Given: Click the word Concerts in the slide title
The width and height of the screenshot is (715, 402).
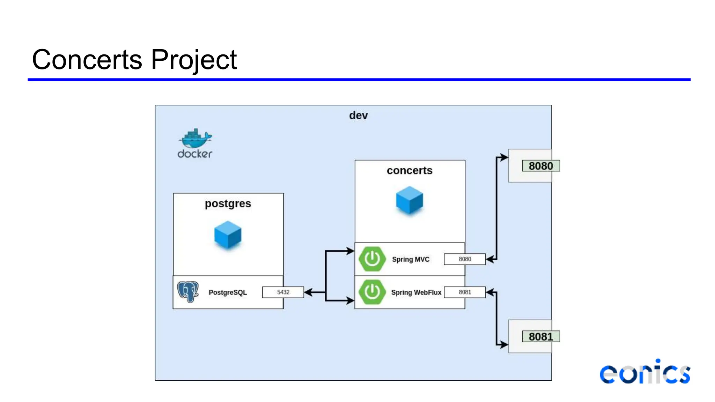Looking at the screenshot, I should (x=87, y=60).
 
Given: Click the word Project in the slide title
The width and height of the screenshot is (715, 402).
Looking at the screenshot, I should (x=194, y=60).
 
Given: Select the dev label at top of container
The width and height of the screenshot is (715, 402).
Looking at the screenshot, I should (x=358, y=116).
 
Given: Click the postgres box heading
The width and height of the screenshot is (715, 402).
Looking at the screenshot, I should (x=228, y=203).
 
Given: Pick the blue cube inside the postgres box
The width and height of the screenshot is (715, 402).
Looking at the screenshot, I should (x=228, y=235).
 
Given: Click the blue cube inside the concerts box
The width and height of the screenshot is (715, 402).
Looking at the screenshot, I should (x=410, y=200).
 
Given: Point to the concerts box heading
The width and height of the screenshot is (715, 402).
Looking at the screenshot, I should (x=410, y=171).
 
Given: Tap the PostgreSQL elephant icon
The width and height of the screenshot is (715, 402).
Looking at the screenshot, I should (x=188, y=291).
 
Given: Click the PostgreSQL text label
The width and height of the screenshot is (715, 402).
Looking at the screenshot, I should (x=228, y=292).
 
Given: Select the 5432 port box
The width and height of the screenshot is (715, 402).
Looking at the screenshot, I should (x=283, y=292).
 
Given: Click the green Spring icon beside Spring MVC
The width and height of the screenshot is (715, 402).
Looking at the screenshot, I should (x=372, y=259).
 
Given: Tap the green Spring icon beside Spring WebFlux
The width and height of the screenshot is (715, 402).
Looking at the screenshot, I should (x=372, y=292).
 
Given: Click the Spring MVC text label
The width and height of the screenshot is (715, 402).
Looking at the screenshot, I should (x=411, y=259).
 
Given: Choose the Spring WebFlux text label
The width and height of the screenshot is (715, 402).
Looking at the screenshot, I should (x=416, y=292).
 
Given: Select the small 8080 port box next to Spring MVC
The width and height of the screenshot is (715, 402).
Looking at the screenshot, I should (x=465, y=259).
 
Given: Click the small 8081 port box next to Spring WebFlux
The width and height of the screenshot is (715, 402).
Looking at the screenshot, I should (x=465, y=292).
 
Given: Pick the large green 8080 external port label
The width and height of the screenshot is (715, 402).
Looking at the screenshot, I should (x=541, y=166).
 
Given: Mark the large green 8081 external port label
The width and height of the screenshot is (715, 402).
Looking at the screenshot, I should (x=541, y=337).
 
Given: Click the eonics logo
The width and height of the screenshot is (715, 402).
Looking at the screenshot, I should (x=645, y=373).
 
